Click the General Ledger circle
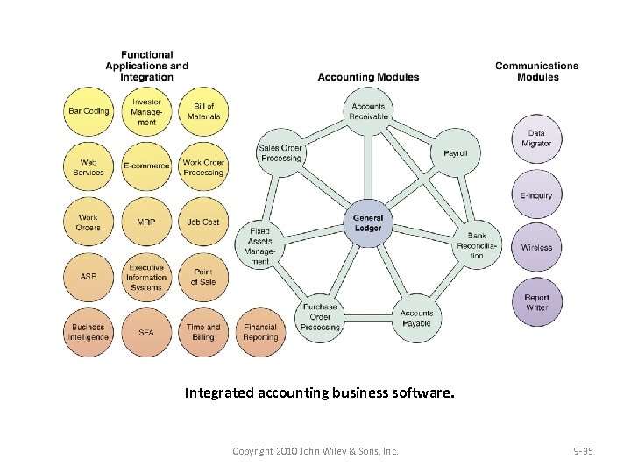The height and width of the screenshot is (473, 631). [x=368, y=223]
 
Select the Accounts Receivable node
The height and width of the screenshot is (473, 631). [x=368, y=112]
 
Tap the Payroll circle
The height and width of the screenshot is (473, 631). [x=455, y=152]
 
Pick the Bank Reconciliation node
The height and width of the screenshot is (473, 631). [x=477, y=245]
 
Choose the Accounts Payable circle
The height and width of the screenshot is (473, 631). [x=416, y=318]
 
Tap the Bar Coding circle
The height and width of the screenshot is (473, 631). [x=89, y=112]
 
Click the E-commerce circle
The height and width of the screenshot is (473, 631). [x=146, y=166]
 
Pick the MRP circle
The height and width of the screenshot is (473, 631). [x=146, y=222]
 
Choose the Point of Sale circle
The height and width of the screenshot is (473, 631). [x=202, y=277]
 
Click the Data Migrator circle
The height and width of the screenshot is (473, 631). [x=536, y=139]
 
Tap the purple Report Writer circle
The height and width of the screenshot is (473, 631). [x=536, y=302]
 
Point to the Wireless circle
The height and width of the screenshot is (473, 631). [x=536, y=248]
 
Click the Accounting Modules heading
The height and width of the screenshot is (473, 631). [x=368, y=77]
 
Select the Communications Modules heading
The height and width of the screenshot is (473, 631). [x=536, y=71]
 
